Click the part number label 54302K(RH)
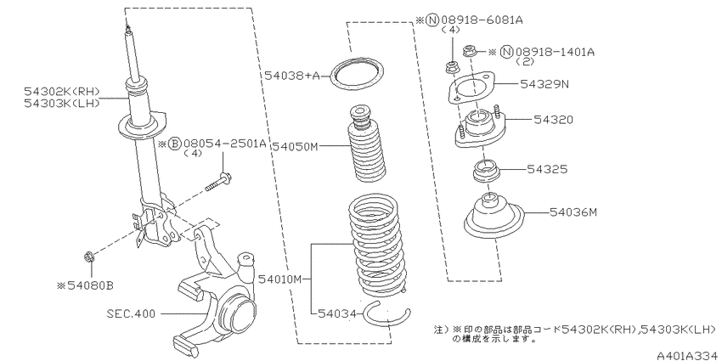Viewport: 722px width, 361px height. [x=62, y=92]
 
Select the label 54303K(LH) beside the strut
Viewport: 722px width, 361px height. [x=62, y=103]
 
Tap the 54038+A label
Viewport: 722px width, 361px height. [x=291, y=76]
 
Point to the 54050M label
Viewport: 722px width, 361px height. [x=295, y=146]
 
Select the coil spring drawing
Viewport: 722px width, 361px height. [x=376, y=246]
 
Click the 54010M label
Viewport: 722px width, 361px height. [x=280, y=279]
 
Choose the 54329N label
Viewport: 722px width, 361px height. [x=544, y=84]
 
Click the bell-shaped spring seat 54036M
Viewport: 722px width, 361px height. [x=494, y=217]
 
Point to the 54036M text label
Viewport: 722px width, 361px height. [x=573, y=212]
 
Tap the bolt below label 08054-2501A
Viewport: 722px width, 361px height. [x=218, y=182]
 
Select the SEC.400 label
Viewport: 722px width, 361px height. [x=131, y=314]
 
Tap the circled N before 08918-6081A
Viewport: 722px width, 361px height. [x=432, y=20]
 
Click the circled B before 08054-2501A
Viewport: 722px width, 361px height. [x=174, y=144]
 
